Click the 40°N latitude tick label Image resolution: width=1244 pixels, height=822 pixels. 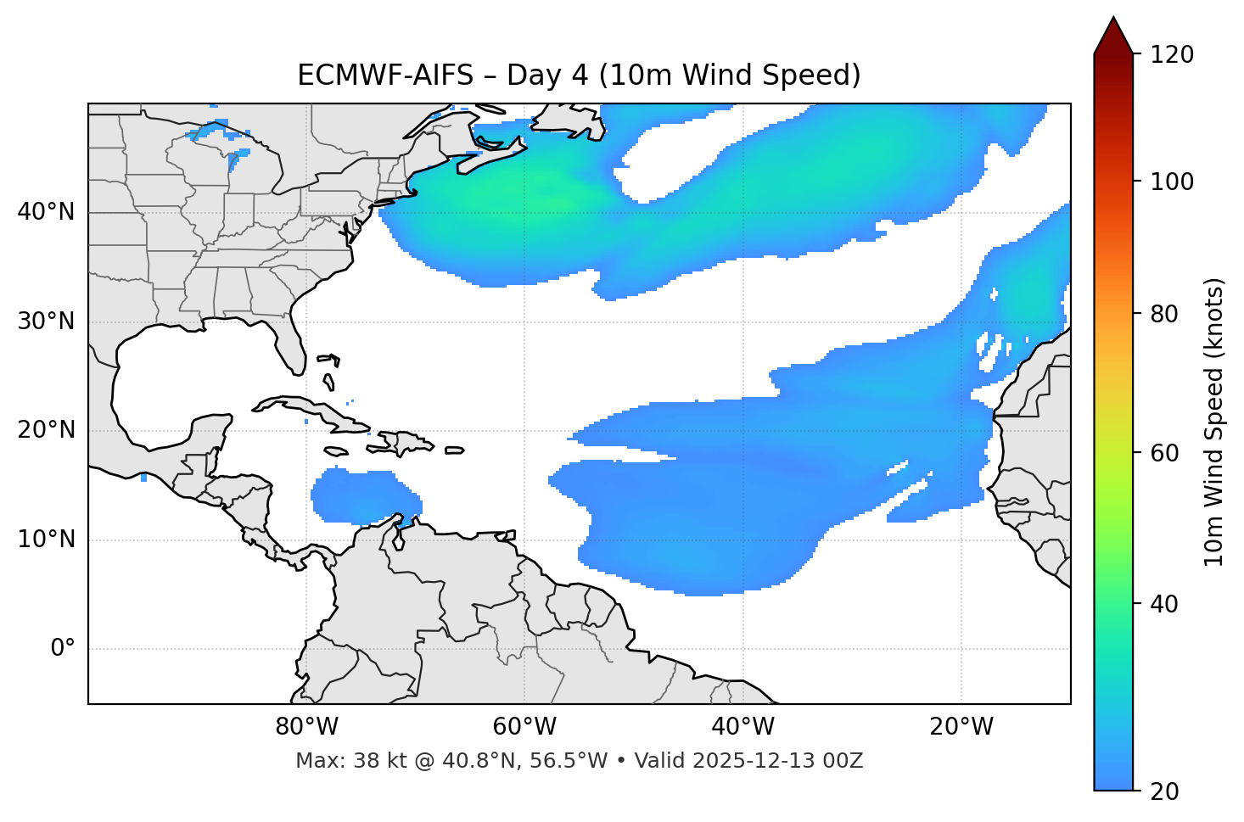point(46,212)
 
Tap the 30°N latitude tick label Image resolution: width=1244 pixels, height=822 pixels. point(46,322)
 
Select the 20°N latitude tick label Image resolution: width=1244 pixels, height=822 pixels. point(46,430)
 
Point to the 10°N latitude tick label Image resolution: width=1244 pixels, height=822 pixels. point(46,540)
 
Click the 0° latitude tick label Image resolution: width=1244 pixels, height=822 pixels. point(62,649)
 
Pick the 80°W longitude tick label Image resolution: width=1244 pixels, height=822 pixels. point(306,727)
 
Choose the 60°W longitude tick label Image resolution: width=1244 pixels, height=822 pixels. point(524,727)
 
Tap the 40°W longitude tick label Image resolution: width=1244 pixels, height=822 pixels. point(742,727)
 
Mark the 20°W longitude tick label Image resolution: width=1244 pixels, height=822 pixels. point(961,727)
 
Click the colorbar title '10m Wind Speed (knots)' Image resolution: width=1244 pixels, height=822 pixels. point(1214,422)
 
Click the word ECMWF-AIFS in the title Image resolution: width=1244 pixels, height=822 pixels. point(385,75)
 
